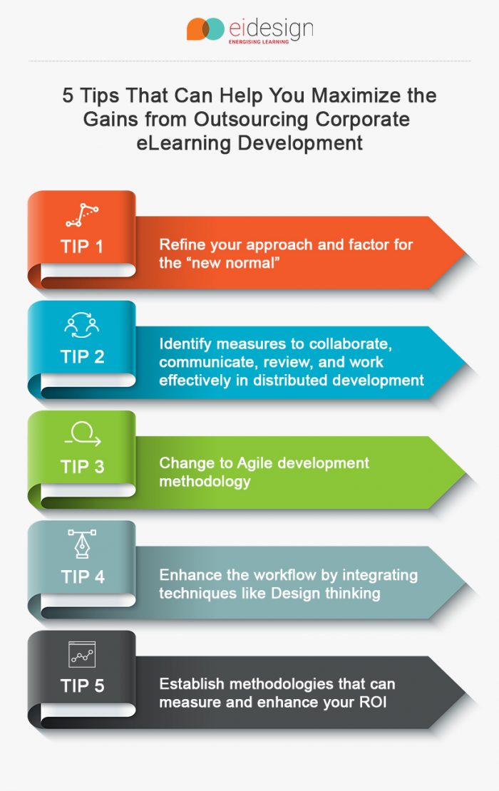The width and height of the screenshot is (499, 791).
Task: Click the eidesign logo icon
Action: pyautogui.click(x=205, y=29)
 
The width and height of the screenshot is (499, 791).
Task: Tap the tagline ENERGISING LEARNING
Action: pyautogui.click(x=258, y=42)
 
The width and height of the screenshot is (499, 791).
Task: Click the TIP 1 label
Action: pyautogui.click(x=82, y=247)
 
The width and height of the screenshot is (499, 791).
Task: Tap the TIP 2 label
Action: pyautogui.click(x=82, y=356)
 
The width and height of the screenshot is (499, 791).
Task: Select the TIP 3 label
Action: pyautogui.click(x=82, y=467)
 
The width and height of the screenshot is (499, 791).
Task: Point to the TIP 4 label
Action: pyautogui.click(x=82, y=577)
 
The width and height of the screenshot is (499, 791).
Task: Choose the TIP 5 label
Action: pyautogui.click(x=82, y=686)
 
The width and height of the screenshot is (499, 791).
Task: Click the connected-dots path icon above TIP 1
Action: pyautogui.click(x=82, y=214)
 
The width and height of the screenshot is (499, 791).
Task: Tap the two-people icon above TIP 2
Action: pyautogui.click(x=82, y=324)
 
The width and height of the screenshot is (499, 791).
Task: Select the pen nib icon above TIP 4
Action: pyautogui.click(x=82, y=544)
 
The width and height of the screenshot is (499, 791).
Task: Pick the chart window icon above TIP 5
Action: pyautogui.click(x=82, y=654)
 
